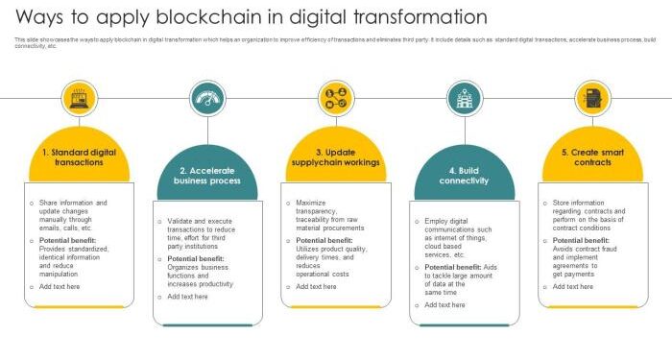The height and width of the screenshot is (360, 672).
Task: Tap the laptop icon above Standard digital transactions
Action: click(x=80, y=98)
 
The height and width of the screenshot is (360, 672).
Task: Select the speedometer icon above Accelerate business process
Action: click(x=207, y=98)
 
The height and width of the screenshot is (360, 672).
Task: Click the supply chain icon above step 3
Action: click(x=336, y=98)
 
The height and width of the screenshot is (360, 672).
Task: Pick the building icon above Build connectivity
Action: click(x=465, y=98)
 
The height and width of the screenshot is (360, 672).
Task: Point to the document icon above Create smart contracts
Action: click(x=592, y=98)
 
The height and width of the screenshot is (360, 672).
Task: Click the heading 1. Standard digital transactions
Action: click(x=79, y=156)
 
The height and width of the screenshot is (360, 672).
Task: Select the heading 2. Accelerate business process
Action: click(x=207, y=175)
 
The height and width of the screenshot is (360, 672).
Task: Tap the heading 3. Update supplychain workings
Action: click(x=336, y=156)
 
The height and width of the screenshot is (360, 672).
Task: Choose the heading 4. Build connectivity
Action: click(x=465, y=175)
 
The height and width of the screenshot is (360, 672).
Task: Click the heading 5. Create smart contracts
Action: click(x=592, y=156)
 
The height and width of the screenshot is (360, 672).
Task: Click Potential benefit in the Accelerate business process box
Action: click(x=196, y=258)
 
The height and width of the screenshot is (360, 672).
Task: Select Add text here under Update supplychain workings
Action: click(x=316, y=286)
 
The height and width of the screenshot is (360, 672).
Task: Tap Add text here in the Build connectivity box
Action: click(x=444, y=304)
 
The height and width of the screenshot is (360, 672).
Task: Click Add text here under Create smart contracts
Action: click(x=573, y=286)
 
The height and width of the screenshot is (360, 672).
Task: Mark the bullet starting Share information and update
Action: click(x=73, y=215)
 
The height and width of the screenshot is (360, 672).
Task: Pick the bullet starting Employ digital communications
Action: click(x=457, y=238)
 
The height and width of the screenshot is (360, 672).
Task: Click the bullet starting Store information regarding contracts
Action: click(x=588, y=215)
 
